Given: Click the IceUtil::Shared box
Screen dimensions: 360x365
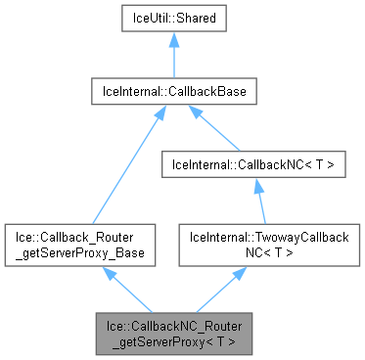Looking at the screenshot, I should (173, 18).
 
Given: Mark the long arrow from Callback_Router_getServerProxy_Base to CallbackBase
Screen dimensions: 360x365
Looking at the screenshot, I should (127, 165).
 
